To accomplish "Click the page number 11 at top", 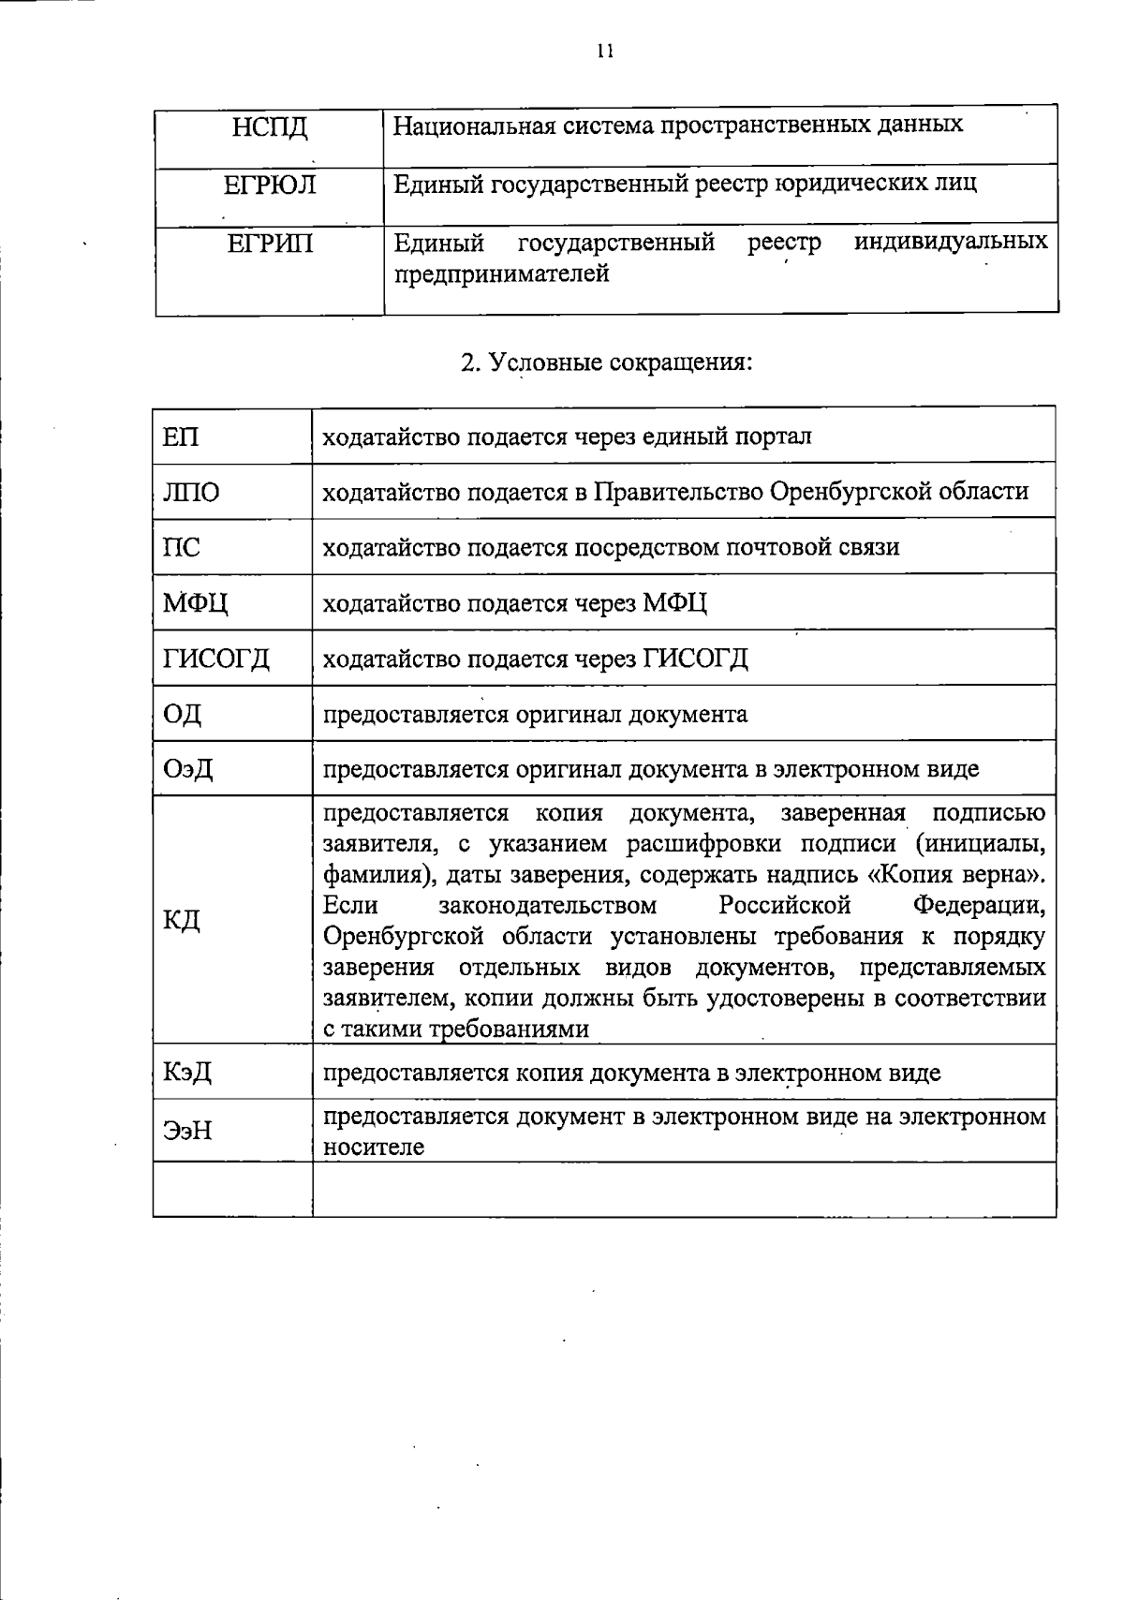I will coord(605,52).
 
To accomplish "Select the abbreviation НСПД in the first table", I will coord(270,126).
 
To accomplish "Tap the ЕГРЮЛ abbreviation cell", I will coord(270,185).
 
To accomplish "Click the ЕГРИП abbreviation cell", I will coord(270,244).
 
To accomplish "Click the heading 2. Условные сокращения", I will coord(607,363).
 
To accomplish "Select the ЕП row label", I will coord(181,437).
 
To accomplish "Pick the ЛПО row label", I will coord(191,493).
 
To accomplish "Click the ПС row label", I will coord(182,547).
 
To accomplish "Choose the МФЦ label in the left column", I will coord(196,603).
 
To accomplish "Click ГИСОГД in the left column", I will coord(216,659).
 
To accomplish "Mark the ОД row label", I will coord(183,715).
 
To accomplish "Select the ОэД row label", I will coord(188,770).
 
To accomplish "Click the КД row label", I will coord(182,920).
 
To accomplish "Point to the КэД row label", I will coord(187,1073).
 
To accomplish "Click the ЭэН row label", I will coord(187,1132).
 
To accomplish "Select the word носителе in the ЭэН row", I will coord(374,1147).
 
